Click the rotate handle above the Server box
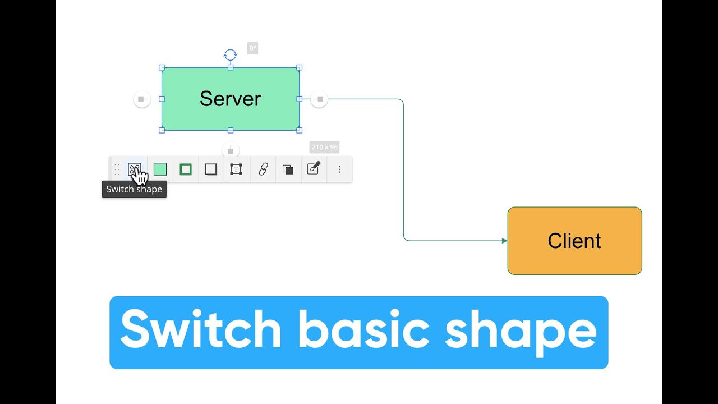click(230, 55)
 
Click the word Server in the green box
click(230, 99)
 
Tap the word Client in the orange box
click(574, 241)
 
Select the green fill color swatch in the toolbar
click(160, 169)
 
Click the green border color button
click(186, 169)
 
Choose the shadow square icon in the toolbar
click(211, 169)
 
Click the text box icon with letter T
click(236, 169)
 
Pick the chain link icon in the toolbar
click(263, 169)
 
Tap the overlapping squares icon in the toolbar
click(288, 169)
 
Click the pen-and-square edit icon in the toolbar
click(314, 168)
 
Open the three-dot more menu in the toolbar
click(339, 169)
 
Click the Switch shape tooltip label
click(134, 189)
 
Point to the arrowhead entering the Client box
click(505, 241)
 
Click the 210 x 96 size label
click(325, 148)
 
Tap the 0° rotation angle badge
click(252, 49)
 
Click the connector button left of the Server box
click(142, 99)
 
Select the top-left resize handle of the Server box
click(162, 67)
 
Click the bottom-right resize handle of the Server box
click(299, 130)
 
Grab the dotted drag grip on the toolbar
click(117, 169)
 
